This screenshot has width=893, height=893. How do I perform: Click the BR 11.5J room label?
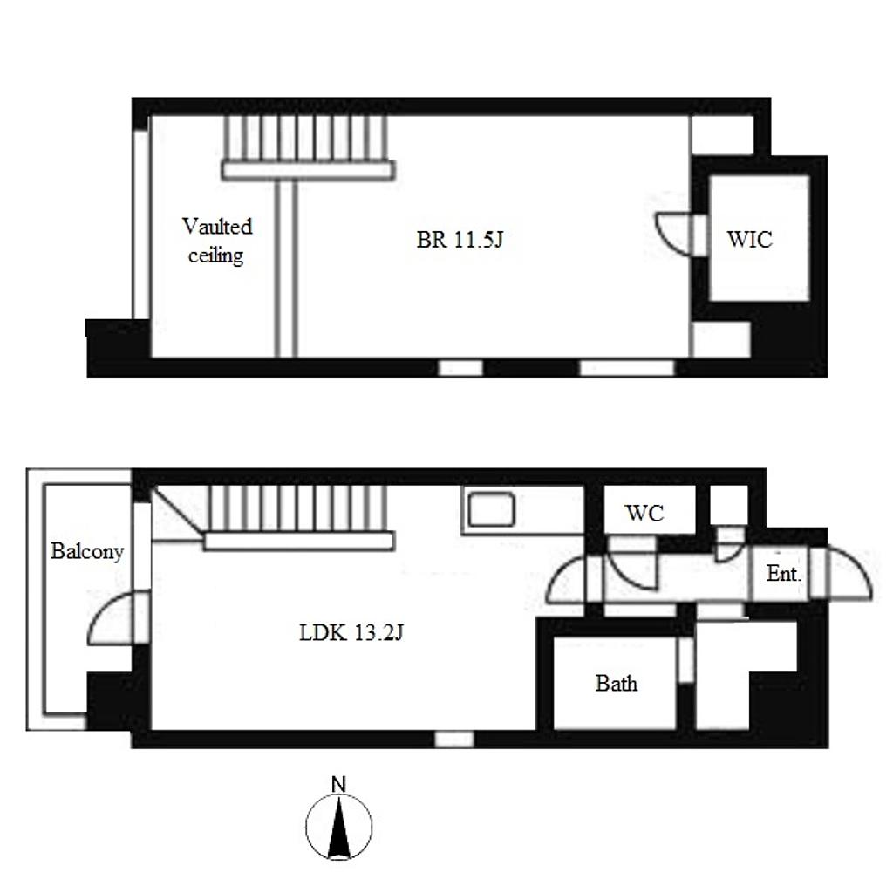click(x=460, y=240)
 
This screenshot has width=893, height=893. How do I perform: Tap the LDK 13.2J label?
click(x=351, y=633)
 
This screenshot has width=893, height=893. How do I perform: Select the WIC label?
click(x=749, y=240)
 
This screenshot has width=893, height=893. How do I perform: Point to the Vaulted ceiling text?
click(x=217, y=241)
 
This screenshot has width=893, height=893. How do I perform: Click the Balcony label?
click(x=87, y=551)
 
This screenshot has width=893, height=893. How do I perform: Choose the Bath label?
click(x=617, y=683)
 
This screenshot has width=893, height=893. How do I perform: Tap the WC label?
click(x=644, y=513)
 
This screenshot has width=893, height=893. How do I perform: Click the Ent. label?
click(x=784, y=574)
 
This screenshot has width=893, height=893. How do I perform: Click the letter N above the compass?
click(x=338, y=784)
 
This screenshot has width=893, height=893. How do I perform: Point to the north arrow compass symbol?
click(x=339, y=827)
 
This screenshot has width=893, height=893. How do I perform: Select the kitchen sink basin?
click(x=492, y=509)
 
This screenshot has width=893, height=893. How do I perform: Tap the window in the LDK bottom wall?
click(x=454, y=740)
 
